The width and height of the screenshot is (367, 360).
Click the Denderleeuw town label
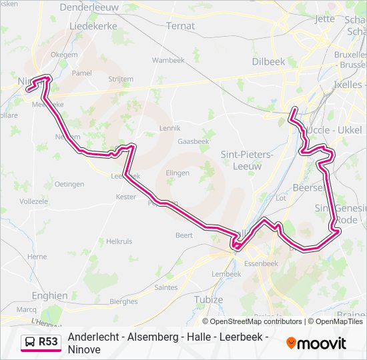pyautogui.click(x=89, y=7)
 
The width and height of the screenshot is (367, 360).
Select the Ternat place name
pyautogui.click(x=180, y=26)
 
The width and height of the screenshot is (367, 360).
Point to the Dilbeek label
pyautogui.click(x=268, y=61)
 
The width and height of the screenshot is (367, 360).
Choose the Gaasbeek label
pyautogui.click(x=194, y=141)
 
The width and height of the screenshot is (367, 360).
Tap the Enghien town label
pyautogui.click(x=49, y=295)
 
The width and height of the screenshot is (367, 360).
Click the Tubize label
pyautogui.click(x=209, y=300)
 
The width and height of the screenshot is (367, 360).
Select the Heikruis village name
pyautogui.click(x=119, y=241)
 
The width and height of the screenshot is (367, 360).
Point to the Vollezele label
pyautogui.click(x=34, y=201)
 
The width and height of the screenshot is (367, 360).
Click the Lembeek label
pyautogui.click(x=226, y=274)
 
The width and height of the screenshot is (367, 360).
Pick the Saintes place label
pyautogui.click(x=165, y=287)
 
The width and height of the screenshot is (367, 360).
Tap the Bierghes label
pyautogui.click(x=123, y=301)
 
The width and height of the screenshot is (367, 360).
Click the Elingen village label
pyautogui.click(x=177, y=173)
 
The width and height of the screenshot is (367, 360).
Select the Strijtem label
pyautogui.click(x=121, y=79)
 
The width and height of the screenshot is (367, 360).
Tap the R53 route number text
pyautogui.click(x=49, y=342)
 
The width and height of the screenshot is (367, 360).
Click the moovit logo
pyautogui.click(x=316, y=343)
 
